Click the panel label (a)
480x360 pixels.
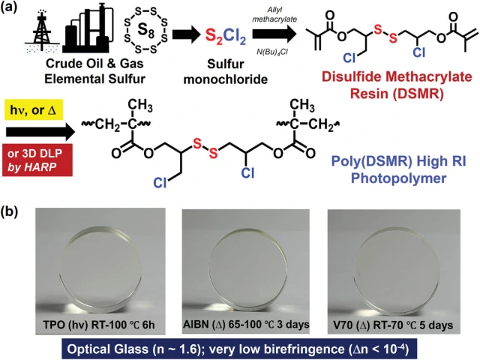click(x=16, y=10)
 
